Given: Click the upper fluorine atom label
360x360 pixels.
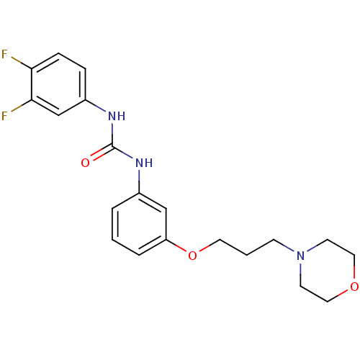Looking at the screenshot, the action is tap(4, 54).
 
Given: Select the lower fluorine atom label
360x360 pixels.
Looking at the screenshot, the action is tap(4, 116).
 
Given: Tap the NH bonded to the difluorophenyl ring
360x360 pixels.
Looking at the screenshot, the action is tap(117, 116).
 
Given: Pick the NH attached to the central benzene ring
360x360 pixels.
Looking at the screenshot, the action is tap(144, 163).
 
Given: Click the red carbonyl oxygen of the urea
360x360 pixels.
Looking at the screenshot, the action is tap(85, 163).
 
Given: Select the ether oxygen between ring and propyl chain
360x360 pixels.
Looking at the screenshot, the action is tap(192, 256).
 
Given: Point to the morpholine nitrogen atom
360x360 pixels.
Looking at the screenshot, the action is tap(300, 256).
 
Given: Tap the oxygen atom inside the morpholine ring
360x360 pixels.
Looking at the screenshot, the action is tap(354, 287).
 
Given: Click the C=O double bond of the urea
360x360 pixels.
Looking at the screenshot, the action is tap(102, 153).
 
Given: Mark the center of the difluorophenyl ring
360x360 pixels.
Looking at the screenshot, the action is tap(58, 84).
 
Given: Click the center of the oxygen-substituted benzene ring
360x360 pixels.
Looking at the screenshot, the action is tap(139, 224).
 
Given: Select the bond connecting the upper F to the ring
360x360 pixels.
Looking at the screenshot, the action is tap(22, 63).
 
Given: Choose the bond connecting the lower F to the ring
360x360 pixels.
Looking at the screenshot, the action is tap(22, 106).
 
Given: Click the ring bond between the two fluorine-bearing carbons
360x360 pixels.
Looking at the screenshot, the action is tap(32, 84).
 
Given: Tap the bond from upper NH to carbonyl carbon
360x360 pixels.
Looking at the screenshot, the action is tap(112, 134).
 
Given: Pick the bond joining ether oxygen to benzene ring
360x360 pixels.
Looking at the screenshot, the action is tap(176, 246).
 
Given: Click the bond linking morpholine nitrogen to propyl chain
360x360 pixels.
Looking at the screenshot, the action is tap(284, 246).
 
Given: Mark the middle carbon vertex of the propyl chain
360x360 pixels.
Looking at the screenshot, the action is tap(247, 255).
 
